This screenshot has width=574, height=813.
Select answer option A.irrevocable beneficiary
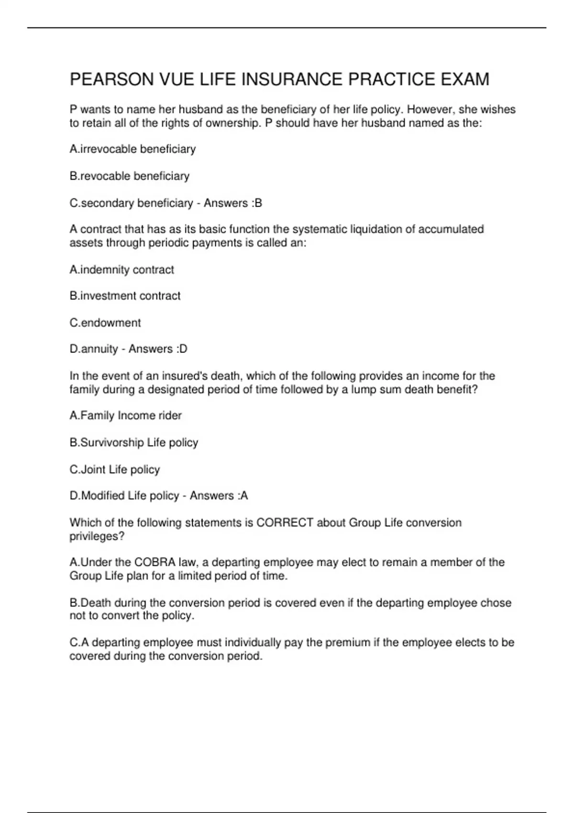tap(132, 149)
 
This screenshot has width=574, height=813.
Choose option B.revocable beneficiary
tap(129, 176)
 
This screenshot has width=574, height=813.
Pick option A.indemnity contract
tap(121, 270)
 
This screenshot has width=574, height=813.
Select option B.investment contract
tap(125, 296)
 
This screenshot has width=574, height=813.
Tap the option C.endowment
tap(105, 323)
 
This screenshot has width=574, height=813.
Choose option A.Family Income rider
tap(125, 416)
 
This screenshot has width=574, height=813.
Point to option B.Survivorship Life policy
tap(133, 442)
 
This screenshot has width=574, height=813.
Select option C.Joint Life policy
tap(114, 470)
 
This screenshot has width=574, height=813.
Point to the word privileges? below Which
tap(97, 536)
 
